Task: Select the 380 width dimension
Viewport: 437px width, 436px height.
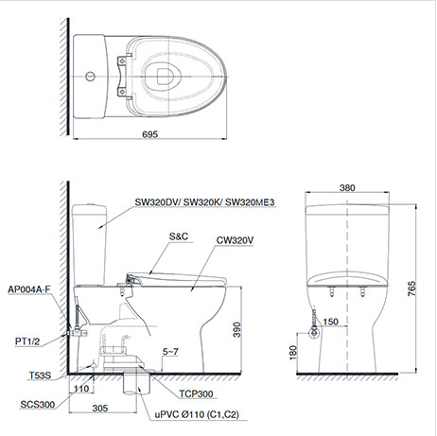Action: [x=347, y=188]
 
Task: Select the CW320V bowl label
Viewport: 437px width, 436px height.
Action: [x=234, y=241]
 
